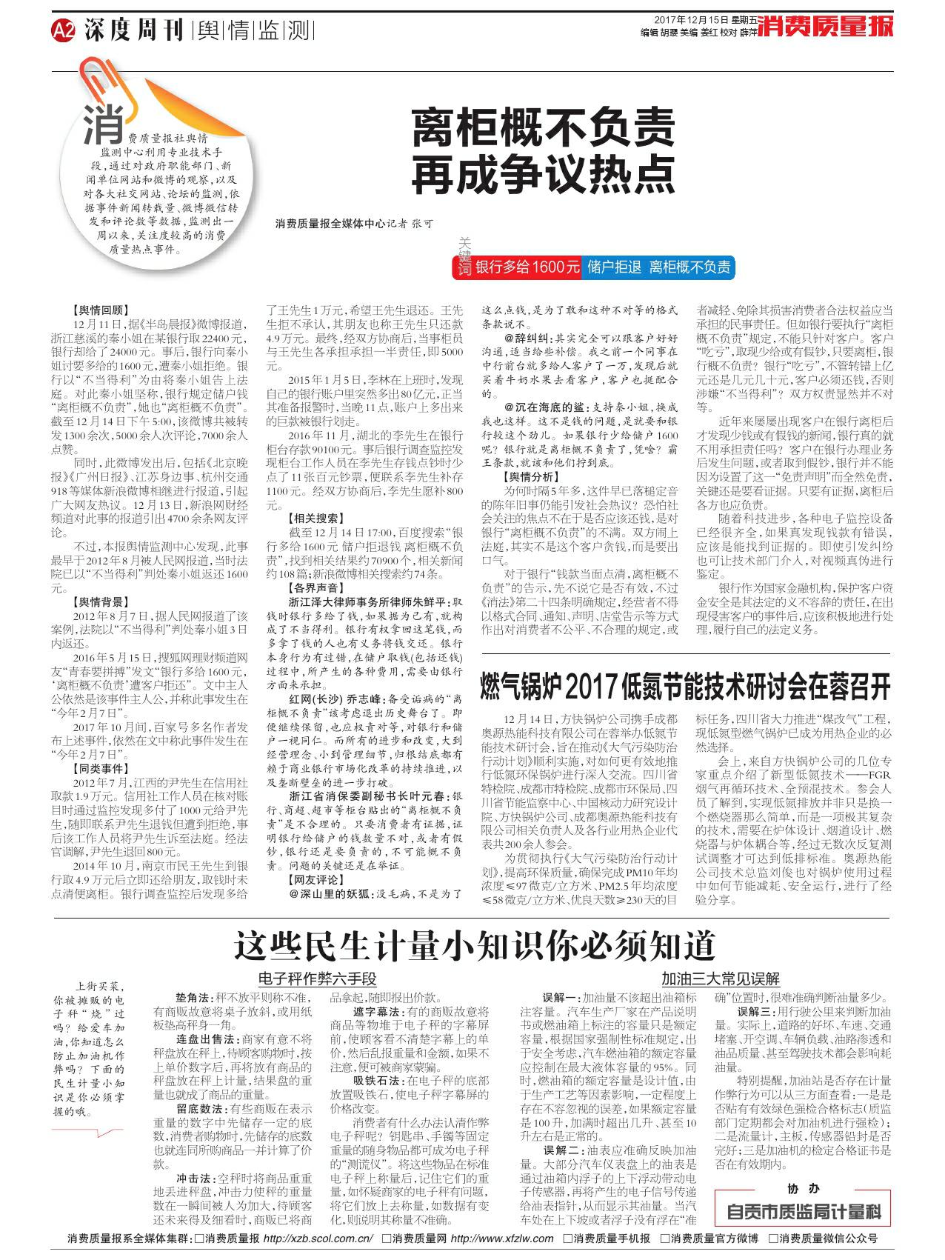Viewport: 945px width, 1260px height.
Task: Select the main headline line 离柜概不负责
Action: coord(544,127)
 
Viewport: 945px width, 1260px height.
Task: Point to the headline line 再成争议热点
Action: coord(544,173)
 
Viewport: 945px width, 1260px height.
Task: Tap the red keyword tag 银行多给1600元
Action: coord(527,267)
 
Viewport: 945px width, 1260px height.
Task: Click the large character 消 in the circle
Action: coord(104,123)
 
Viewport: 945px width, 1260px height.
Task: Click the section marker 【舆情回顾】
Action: coord(100,310)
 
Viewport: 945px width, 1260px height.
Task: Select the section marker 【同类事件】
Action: coord(100,768)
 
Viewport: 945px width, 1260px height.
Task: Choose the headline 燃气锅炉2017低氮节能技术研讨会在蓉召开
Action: coord(685,686)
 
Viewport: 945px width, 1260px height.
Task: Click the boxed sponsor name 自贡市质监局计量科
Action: coord(804,1212)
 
